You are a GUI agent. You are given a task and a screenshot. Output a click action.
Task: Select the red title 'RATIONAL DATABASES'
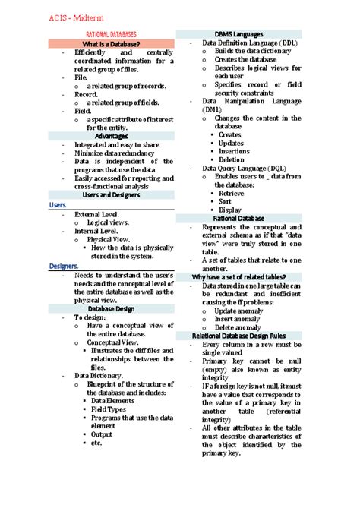(x=111, y=35)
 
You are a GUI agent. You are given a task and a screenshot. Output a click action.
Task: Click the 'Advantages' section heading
(x=111, y=136)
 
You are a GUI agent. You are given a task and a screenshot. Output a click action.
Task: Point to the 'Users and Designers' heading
(x=111, y=195)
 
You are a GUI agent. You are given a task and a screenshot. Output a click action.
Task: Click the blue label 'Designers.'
(x=65, y=266)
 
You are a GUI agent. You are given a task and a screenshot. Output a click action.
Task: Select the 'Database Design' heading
(x=111, y=308)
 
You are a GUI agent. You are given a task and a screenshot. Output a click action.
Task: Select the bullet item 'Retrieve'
(x=230, y=193)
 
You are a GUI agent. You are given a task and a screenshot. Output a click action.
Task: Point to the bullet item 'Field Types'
(x=109, y=409)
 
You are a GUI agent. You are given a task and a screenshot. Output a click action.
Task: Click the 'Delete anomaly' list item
(x=240, y=327)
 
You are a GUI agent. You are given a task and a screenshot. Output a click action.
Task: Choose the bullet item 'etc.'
(x=96, y=443)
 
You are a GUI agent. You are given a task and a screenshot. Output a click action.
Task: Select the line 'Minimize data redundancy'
(x=115, y=153)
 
